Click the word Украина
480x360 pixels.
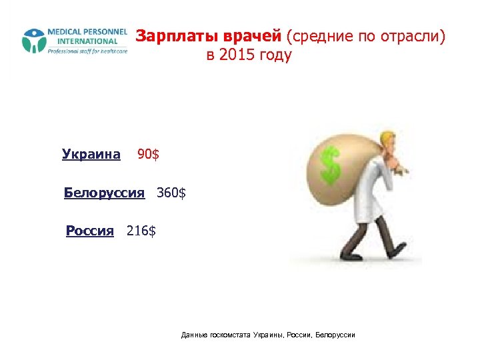pyautogui.click(x=91, y=155)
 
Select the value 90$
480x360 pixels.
pyautogui.click(x=148, y=155)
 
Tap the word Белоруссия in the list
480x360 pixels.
pyautogui.click(x=104, y=193)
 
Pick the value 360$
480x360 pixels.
pyautogui.click(x=171, y=193)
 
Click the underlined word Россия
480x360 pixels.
pyautogui.click(x=90, y=231)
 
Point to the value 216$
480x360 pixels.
pyautogui.click(x=141, y=231)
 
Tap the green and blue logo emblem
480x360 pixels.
pyautogui.click(x=33, y=41)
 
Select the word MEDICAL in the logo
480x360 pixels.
pyautogui.click(x=64, y=32)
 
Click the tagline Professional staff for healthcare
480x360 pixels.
pyautogui.click(x=87, y=51)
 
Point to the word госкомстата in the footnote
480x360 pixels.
pyautogui.click(x=229, y=334)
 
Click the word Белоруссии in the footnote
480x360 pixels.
pyautogui.click(x=336, y=334)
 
